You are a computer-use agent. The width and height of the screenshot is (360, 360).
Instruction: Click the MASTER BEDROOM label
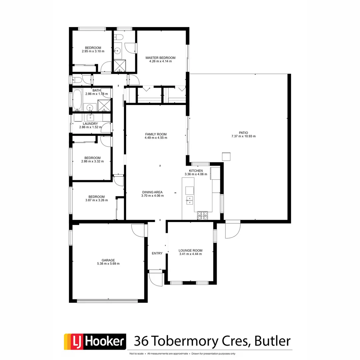tap(160, 58)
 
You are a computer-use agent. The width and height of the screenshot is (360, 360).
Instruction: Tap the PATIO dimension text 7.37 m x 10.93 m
tap(243, 136)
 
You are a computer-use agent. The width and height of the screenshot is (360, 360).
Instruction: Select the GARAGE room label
tap(108, 260)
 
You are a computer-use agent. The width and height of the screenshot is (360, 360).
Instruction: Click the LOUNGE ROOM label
tap(190, 250)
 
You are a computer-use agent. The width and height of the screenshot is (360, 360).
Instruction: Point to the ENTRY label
tap(157, 253)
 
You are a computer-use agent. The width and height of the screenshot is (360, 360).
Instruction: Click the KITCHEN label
tap(196, 170)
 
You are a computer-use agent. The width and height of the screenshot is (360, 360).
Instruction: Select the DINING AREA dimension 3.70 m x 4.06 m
tap(152, 196)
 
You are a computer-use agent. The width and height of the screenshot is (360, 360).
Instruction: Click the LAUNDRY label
tap(90, 124)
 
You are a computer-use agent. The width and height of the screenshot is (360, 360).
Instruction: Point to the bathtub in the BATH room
tap(77, 99)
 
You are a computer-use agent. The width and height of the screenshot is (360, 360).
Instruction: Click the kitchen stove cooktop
tap(202, 216)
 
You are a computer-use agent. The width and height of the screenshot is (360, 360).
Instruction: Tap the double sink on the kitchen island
tap(189, 200)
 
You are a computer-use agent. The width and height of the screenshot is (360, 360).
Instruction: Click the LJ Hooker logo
tap(95, 342)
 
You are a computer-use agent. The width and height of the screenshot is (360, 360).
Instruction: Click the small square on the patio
tap(226, 156)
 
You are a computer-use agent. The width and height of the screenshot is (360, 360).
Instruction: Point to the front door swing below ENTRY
tap(156, 278)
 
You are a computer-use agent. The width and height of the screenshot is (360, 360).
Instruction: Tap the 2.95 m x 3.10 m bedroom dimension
tap(93, 51)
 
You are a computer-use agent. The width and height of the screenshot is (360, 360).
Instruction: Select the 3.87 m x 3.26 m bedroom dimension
tap(96, 200)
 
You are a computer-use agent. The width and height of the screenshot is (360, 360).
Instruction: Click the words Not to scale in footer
tap(136, 354)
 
